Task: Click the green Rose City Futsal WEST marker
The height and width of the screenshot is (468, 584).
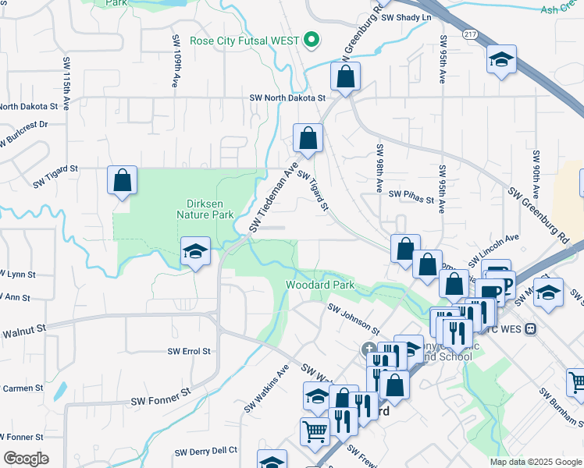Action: pos(312,39)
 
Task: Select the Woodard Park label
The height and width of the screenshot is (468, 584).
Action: pos(320,285)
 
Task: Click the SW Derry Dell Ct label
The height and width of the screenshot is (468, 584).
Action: pos(206,451)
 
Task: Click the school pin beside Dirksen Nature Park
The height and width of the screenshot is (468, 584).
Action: pos(195,251)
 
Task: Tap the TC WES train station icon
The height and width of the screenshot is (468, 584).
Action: pos(532,329)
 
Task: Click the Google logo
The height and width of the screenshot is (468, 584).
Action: pos(26,459)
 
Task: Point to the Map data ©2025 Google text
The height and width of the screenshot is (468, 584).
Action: pos(535,462)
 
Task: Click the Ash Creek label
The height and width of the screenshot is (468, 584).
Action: pos(561,9)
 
